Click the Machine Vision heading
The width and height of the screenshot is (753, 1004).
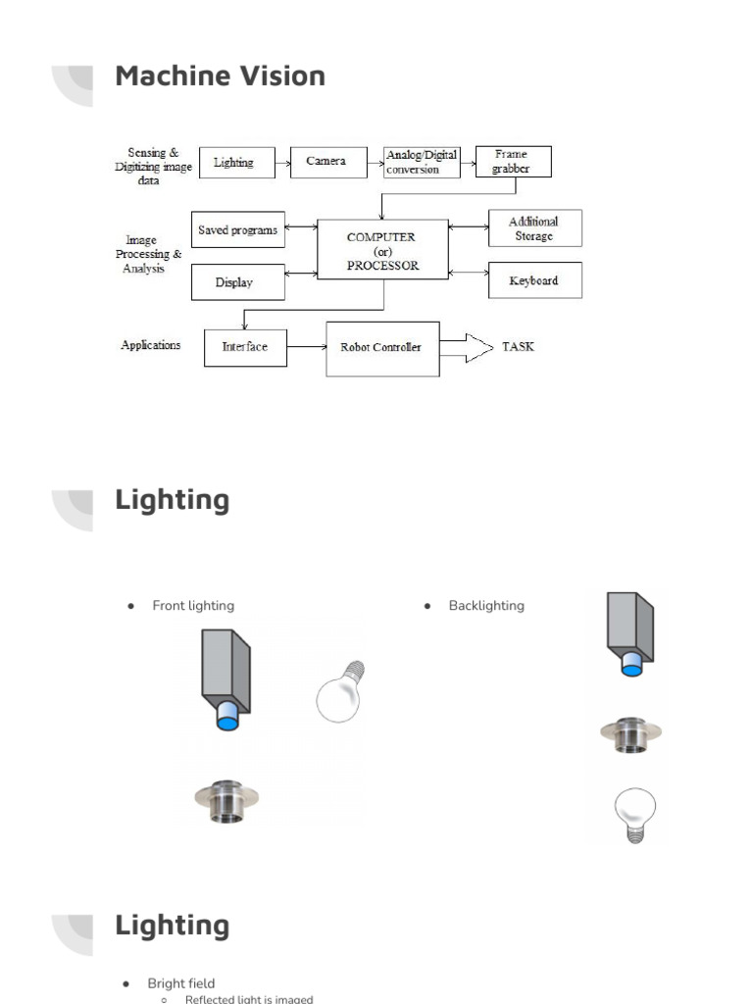tap(220, 75)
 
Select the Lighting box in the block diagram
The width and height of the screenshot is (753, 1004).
tap(233, 163)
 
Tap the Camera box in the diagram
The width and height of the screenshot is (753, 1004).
tap(326, 162)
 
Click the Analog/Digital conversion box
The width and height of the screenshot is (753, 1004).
tap(422, 162)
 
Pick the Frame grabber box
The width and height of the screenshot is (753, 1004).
tap(513, 162)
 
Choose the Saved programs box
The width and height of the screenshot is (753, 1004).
tap(237, 230)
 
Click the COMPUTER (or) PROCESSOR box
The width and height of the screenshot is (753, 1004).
tap(382, 250)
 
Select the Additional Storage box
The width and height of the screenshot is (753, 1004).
tap(534, 228)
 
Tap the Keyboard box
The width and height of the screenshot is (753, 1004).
tap(534, 280)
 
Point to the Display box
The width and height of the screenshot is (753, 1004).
tap(237, 282)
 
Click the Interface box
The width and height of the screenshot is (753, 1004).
tap(245, 347)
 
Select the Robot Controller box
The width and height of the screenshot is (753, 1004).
tap(382, 348)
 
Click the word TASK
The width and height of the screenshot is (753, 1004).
tap(518, 347)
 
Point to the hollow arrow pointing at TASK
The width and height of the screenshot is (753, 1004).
tap(466, 347)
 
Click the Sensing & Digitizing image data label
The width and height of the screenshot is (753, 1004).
tap(153, 167)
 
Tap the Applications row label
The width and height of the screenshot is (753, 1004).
tap(151, 345)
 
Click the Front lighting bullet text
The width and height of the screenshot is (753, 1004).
tap(193, 606)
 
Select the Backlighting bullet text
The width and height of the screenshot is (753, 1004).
tap(486, 606)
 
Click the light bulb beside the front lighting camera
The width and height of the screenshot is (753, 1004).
tap(339, 692)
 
